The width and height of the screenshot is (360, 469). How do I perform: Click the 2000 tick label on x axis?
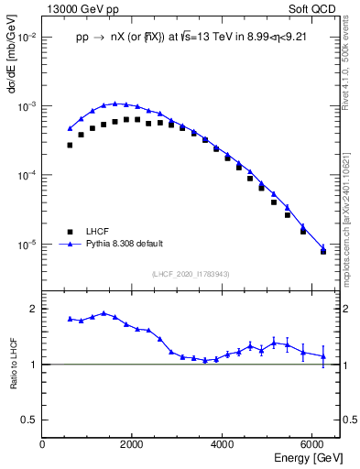pyautogui.click(x=132, y=444)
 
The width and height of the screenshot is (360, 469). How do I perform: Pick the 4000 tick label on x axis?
pyautogui.click(x=222, y=444)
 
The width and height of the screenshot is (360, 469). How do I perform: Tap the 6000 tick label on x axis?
pyautogui.click(x=311, y=444)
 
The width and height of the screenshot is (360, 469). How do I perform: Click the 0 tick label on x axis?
pyautogui.click(x=42, y=444)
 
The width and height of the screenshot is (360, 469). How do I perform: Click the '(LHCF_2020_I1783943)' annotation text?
pyautogui.click(x=190, y=273)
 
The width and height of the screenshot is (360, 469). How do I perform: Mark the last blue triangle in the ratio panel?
pyautogui.click(x=322, y=356)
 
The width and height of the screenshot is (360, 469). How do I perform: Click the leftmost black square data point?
pyautogui.click(x=70, y=145)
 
